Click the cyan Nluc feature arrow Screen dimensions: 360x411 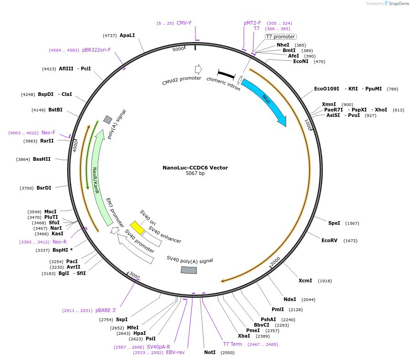265,101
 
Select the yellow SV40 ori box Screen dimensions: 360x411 137,228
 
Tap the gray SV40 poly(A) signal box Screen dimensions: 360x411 189,270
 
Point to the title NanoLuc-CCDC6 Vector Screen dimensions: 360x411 195,168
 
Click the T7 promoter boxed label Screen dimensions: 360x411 280,37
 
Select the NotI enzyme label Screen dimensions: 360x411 210,353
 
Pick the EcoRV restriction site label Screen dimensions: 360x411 329,240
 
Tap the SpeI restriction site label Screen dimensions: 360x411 334,223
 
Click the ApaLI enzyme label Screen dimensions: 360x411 127,35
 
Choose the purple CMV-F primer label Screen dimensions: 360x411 184,23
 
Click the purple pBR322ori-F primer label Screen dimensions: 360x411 96,50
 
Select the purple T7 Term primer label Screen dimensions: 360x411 232,344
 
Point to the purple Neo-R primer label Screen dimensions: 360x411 59,242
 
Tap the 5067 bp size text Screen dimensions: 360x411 195,174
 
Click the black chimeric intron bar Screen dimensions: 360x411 226,74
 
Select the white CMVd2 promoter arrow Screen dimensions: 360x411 198,69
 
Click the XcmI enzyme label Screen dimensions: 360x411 305,281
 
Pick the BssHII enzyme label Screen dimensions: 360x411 42,159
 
